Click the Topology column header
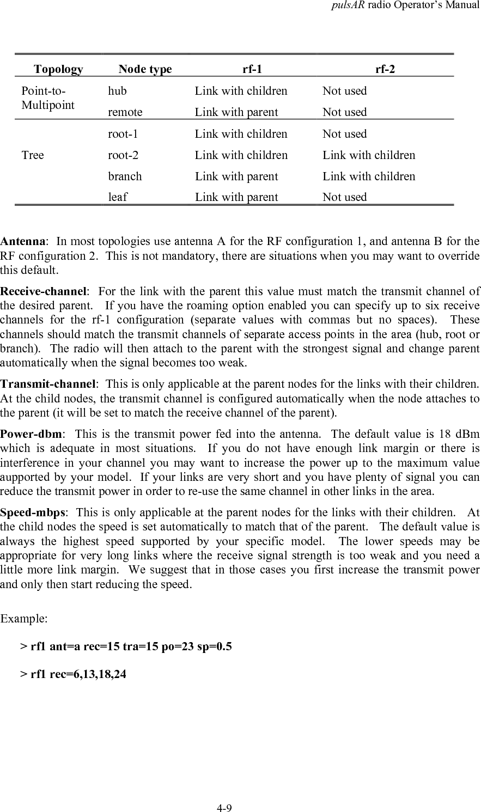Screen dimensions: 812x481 pyautogui.click(x=58, y=69)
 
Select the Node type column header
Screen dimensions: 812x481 pyautogui.click(x=145, y=69)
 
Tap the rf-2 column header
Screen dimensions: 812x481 pyautogui.click(x=385, y=69)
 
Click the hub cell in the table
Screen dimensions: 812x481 pyautogui.click(x=117, y=91)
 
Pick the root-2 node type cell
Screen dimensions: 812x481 pyautogui.click(x=123, y=155)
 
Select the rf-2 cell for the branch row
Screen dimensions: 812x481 pyautogui.click(x=369, y=176)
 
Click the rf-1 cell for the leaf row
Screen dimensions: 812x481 pyautogui.click(x=236, y=197)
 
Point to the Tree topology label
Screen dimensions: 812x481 pyautogui.click(x=33, y=155)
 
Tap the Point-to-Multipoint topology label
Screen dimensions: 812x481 pyautogui.click(x=47, y=98)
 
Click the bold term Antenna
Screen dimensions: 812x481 pyautogui.click(x=22, y=241)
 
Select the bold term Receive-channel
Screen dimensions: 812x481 pyautogui.click(x=43, y=291)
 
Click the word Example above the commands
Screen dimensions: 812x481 pyautogui.click(x=24, y=619)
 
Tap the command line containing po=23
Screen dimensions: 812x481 pyautogui.click(x=126, y=646)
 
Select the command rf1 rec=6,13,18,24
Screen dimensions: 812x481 pyautogui.click(x=73, y=674)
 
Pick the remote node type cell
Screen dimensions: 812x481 pyautogui.click(x=125, y=112)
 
